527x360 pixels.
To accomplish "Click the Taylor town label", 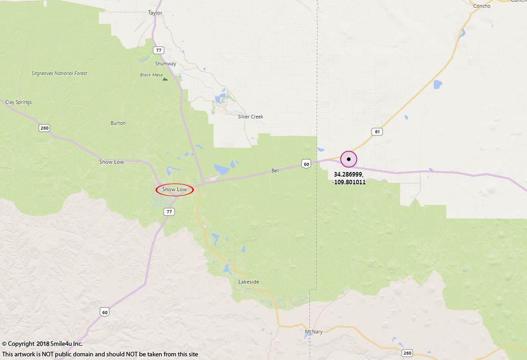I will [x=155, y=13].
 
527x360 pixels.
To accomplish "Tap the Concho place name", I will [x=482, y=6].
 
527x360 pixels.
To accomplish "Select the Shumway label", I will [x=165, y=64].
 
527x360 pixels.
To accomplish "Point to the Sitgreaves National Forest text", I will [x=59, y=73].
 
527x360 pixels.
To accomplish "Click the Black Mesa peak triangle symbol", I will [x=165, y=79].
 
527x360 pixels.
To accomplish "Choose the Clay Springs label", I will [x=19, y=102].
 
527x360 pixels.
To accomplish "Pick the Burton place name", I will [x=118, y=124].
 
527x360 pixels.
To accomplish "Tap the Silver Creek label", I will [x=250, y=117].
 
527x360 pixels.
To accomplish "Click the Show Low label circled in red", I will [x=175, y=189].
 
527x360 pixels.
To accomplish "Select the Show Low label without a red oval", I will [x=112, y=162].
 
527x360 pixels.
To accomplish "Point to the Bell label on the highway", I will [x=275, y=171].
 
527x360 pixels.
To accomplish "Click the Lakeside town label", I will [x=249, y=282].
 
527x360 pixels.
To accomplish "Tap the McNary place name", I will [x=314, y=332].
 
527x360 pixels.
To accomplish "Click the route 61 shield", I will [x=377, y=132].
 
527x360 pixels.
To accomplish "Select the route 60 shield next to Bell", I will [x=306, y=164].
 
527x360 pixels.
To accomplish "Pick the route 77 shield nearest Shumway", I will [x=159, y=50].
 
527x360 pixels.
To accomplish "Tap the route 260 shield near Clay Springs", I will [x=44, y=128].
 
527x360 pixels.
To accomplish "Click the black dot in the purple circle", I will [x=349, y=159].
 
